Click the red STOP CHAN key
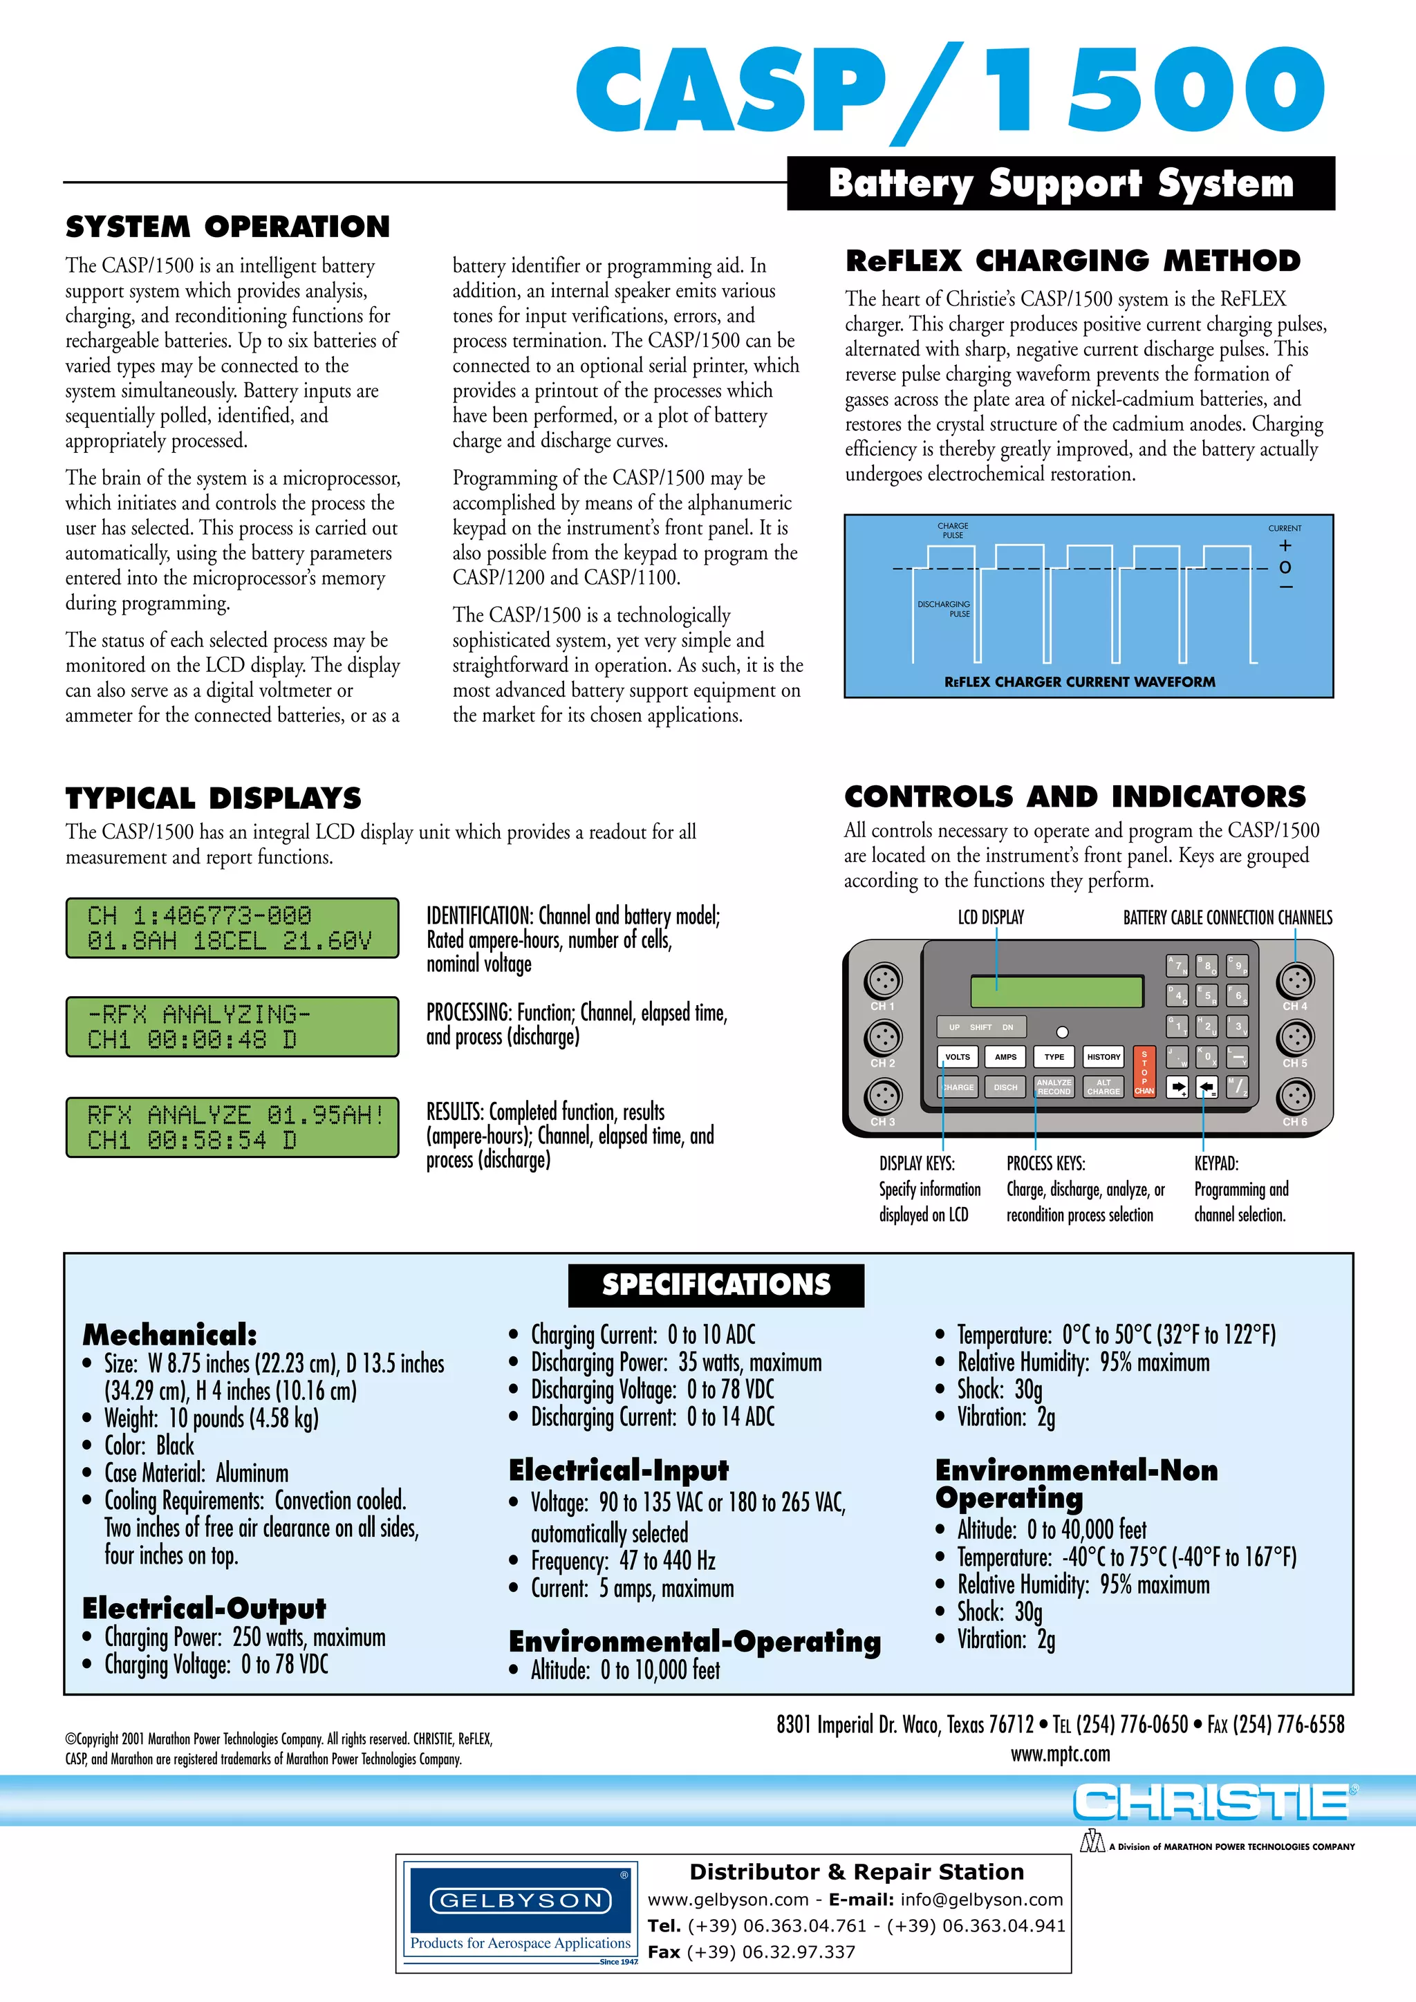[x=1144, y=1072]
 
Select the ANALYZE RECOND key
[x=1054, y=1087]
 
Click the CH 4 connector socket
[x=1295, y=982]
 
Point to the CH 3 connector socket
[x=882, y=1096]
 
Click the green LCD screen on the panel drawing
[x=1056, y=992]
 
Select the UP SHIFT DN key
[x=981, y=1027]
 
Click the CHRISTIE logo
[x=1211, y=1802]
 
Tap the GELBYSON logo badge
[x=521, y=1901]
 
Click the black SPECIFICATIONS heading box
[x=716, y=1284]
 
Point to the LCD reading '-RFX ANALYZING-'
[x=232, y=1027]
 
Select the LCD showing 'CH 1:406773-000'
[x=232, y=928]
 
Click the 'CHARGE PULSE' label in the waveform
[x=952, y=530]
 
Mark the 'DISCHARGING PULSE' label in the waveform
[x=944, y=608]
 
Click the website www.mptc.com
[x=1060, y=1754]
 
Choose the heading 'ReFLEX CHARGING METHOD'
[x=1072, y=261]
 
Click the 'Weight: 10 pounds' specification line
[x=211, y=1418]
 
